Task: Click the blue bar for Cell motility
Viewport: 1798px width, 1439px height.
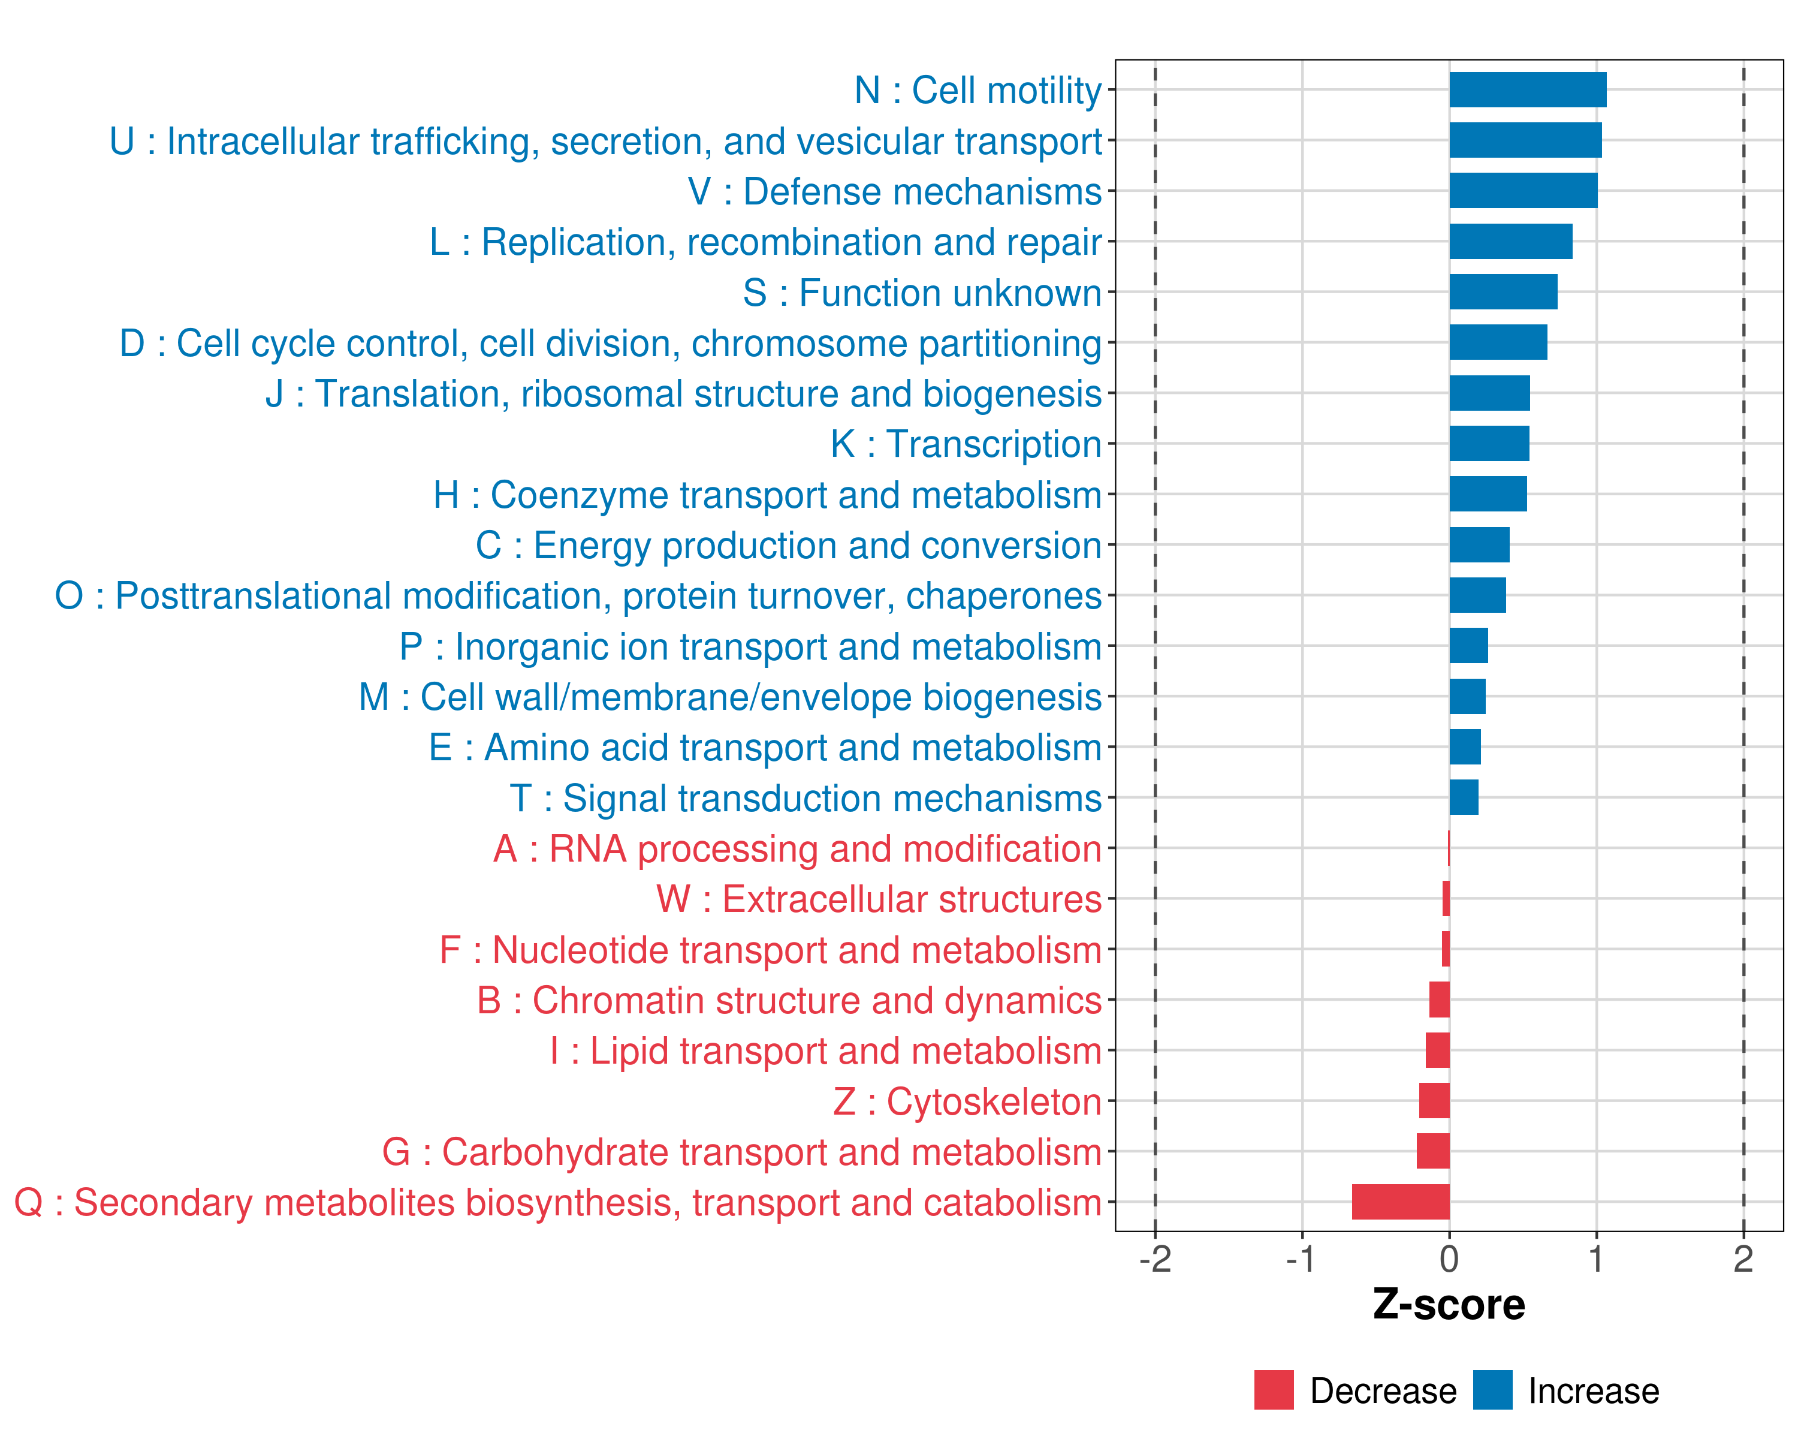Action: pyautogui.click(x=1527, y=90)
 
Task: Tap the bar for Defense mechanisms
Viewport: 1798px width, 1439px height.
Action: pyautogui.click(x=1523, y=191)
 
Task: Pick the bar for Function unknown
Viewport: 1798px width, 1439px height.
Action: pyautogui.click(x=1503, y=292)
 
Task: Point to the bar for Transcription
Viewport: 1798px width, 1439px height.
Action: pyautogui.click(x=1489, y=444)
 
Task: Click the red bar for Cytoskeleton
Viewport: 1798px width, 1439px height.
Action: pyautogui.click(x=1434, y=1101)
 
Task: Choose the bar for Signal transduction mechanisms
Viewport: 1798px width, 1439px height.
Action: pyautogui.click(x=1464, y=797)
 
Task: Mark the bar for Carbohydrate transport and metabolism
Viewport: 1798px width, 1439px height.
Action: pyautogui.click(x=1433, y=1151)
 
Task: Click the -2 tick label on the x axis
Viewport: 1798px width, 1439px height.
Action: pyautogui.click(x=1155, y=1260)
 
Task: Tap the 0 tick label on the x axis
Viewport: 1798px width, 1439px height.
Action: pyautogui.click(x=1449, y=1260)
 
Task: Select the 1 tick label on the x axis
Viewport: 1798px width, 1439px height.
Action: pyautogui.click(x=1596, y=1260)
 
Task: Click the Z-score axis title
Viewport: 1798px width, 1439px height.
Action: pyautogui.click(x=1449, y=1305)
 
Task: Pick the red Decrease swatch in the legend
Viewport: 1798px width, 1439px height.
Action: pyautogui.click(x=1274, y=1390)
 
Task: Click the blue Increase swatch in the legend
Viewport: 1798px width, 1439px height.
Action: pyautogui.click(x=1492, y=1390)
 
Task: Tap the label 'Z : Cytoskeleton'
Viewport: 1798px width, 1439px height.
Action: pyautogui.click(x=967, y=1102)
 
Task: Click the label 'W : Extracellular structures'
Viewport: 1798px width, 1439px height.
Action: pyautogui.click(x=879, y=899)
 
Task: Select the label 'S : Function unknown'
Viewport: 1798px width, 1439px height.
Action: pyautogui.click(x=922, y=293)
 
